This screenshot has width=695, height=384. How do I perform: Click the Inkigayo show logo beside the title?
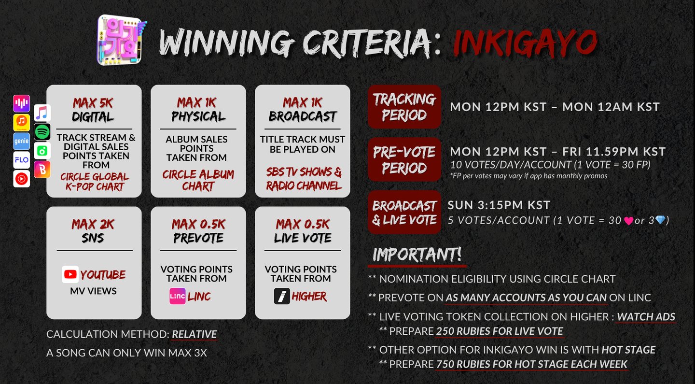121,40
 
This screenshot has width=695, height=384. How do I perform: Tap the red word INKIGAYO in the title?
525,43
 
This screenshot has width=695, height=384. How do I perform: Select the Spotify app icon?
42,131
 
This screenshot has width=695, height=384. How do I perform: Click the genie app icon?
21,141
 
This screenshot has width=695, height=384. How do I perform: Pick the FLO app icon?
21,160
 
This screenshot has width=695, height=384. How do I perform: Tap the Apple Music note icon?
42,113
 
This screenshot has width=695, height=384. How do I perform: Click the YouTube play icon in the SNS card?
70,274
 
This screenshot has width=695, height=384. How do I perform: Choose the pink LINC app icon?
178,296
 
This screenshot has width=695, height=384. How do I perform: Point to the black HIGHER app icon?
282,296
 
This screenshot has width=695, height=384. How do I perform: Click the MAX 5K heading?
93,103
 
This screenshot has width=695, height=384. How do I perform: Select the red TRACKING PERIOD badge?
404,107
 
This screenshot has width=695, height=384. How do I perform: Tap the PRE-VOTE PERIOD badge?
404,159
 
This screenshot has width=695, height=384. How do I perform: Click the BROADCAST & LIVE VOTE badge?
404,212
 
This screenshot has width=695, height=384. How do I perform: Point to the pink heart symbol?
628,221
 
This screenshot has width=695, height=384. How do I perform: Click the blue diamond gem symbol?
660,220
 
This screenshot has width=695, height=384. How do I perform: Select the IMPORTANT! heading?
417,255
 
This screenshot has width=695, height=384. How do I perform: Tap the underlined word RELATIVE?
194,334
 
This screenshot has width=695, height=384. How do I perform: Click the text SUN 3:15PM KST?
499,205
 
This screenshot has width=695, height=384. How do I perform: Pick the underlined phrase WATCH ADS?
646,317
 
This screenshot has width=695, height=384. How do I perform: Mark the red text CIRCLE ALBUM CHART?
198,180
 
